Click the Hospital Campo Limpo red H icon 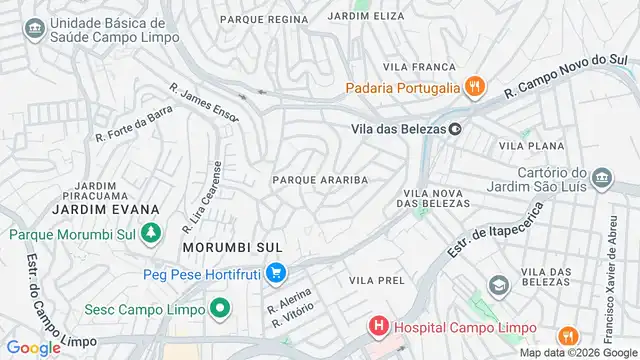coord(378,326)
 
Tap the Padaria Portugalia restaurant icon coord(474,87)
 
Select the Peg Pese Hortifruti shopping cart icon coord(277,272)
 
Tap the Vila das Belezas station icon coord(456,128)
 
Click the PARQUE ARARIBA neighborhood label coord(320,180)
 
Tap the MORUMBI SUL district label coord(232,246)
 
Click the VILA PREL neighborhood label coord(377,281)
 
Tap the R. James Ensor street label coord(205,104)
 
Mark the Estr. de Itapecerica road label coord(496,229)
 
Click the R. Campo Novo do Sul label coord(569,77)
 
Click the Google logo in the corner coord(33,348)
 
